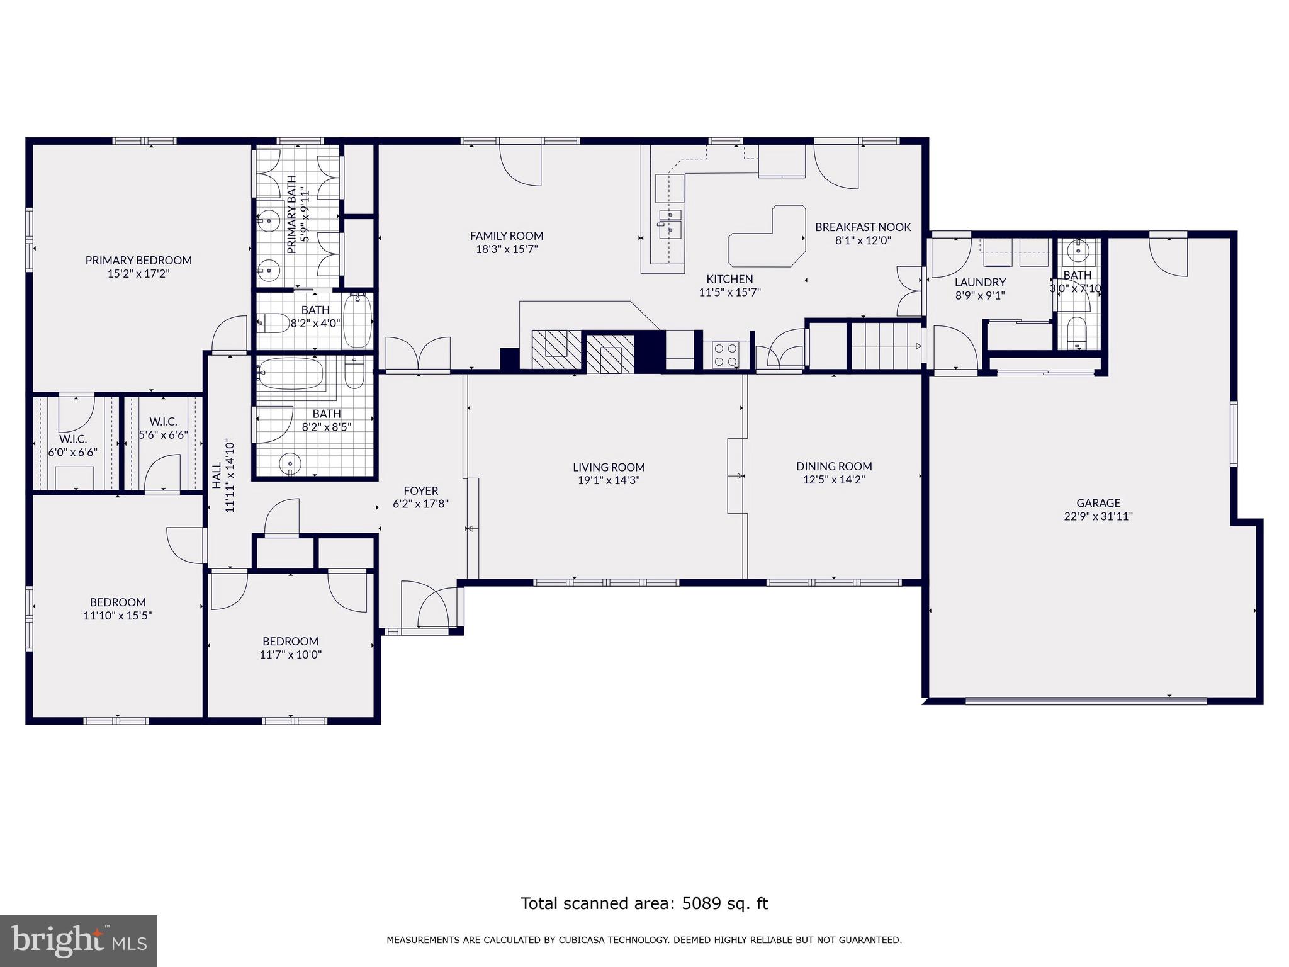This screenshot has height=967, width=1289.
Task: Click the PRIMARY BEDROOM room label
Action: (138, 260)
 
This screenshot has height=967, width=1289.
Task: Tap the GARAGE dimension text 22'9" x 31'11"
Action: (1098, 516)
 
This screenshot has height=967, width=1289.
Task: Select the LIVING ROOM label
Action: (609, 467)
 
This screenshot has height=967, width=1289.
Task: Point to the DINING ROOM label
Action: (834, 467)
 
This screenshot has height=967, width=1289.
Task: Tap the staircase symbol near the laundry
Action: (884, 346)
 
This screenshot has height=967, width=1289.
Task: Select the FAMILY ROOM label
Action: (507, 236)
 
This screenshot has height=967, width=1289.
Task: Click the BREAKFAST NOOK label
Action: (863, 227)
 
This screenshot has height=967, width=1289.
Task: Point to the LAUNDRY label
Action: (980, 282)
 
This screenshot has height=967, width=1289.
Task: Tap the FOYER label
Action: (420, 490)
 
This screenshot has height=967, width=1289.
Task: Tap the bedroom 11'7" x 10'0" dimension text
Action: (291, 655)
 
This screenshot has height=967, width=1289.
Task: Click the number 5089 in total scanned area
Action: (699, 903)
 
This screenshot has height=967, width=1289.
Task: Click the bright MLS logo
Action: (79, 941)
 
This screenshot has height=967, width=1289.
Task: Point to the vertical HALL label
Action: (217, 477)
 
